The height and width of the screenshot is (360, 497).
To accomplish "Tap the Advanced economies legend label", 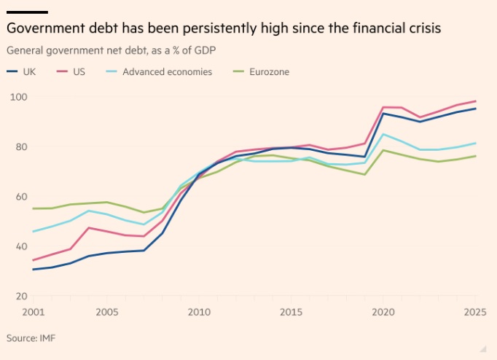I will click(x=167, y=72).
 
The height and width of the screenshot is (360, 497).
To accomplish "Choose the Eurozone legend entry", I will click(x=268, y=72).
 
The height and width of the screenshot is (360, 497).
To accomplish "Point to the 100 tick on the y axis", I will click(x=18, y=97).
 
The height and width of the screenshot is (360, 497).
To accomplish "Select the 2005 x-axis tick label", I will click(x=106, y=313).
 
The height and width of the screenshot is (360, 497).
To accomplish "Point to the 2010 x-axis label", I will click(x=199, y=313).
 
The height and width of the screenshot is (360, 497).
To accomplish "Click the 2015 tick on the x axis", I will click(x=291, y=313).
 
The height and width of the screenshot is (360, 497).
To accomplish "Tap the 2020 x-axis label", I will click(x=383, y=313).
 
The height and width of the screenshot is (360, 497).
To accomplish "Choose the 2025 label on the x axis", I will click(x=475, y=313).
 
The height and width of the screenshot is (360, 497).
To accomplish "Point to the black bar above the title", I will click(x=27, y=12).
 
